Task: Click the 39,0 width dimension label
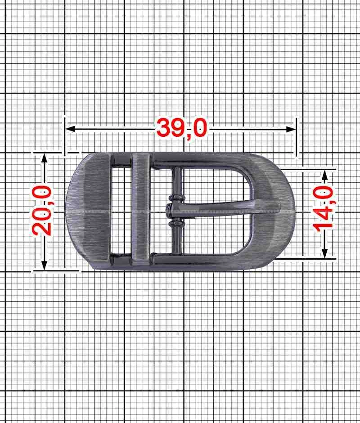tap(182, 128)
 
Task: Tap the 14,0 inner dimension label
tap(323, 209)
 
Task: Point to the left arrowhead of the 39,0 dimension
tap(70, 129)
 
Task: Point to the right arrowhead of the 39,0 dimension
tap(291, 129)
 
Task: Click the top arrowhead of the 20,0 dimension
tap(44, 158)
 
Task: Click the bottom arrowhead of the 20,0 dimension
tap(44, 265)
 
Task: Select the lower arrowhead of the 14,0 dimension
tap(325, 253)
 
